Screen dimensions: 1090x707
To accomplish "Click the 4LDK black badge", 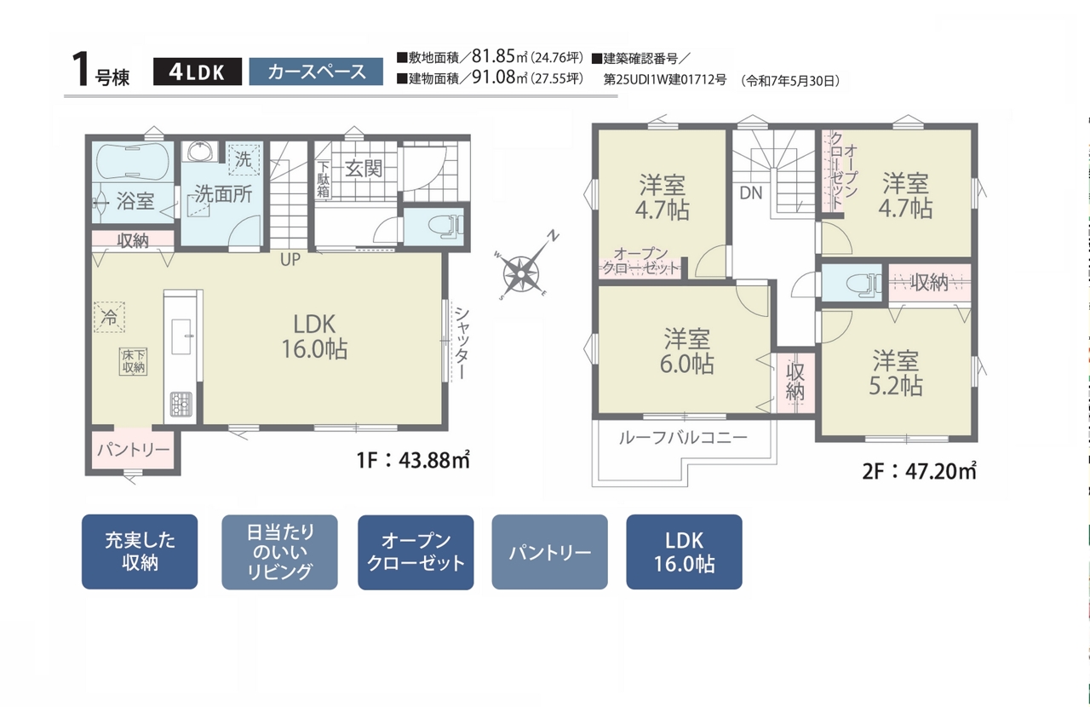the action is (x=197, y=72).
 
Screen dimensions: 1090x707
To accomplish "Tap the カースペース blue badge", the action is (x=316, y=72).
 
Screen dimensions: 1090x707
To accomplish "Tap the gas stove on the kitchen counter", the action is (x=181, y=404).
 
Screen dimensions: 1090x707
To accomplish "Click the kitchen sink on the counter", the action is (x=182, y=337).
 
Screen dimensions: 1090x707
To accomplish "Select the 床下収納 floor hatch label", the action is (x=133, y=361).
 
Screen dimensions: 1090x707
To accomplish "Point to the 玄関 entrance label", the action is (x=364, y=169).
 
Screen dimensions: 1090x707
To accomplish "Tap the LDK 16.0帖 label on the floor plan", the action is (x=314, y=336).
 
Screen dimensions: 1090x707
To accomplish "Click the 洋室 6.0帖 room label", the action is (x=686, y=352).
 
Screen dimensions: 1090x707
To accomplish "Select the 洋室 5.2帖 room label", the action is (x=895, y=373).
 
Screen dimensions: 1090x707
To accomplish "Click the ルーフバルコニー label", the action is (x=683, y=438).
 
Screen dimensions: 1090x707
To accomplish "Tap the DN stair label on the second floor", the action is (x=751, y=193).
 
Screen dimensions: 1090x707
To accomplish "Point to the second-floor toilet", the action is (x=863, y=284).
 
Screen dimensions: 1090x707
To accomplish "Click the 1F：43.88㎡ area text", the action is (x=413, y=460).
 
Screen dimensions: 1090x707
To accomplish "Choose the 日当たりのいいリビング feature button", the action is (x=280, y=552).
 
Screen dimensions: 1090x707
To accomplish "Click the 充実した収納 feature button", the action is (x=140, y=552).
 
